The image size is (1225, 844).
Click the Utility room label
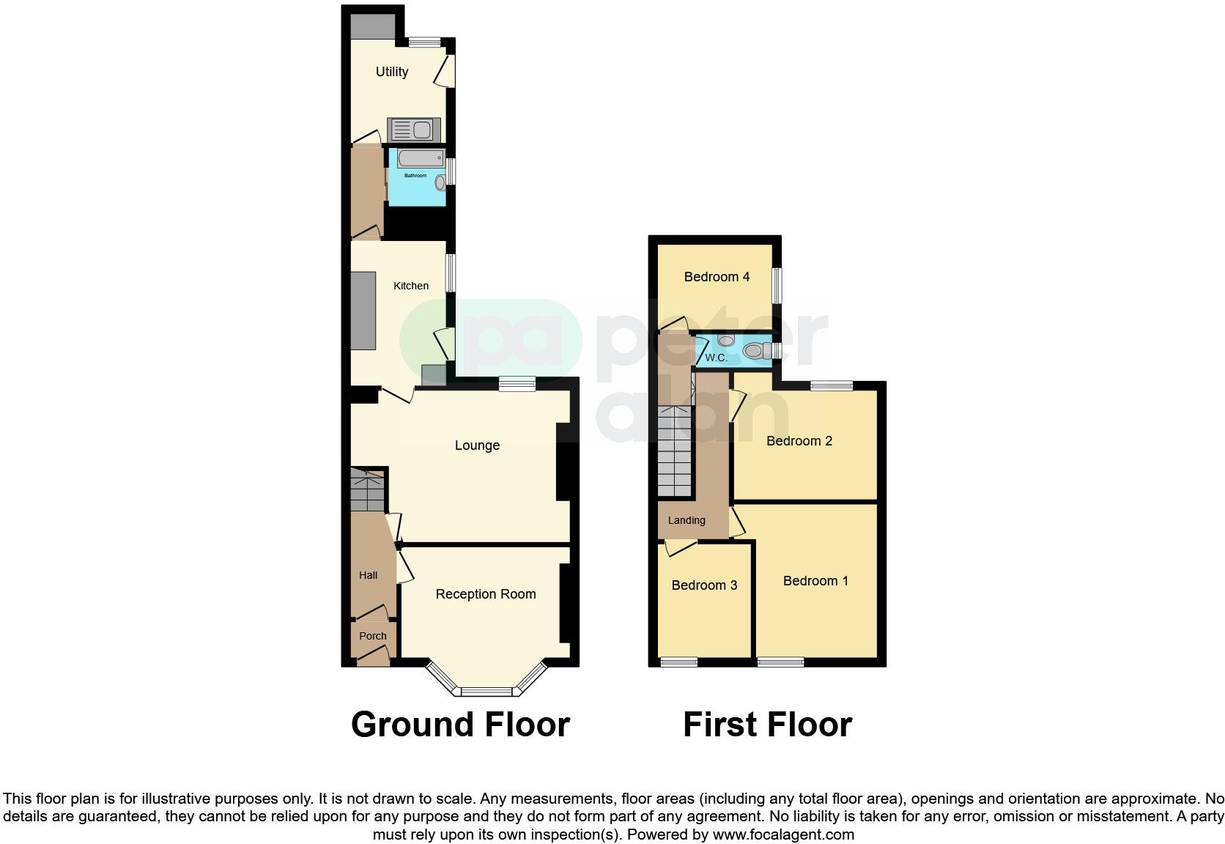coord(392,72)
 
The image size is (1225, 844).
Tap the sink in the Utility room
coord(413,130)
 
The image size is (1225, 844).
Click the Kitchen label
coord(411,286)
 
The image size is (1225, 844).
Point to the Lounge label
coord(477,445)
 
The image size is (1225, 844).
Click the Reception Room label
coord(486,594)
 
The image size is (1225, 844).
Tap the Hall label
coord(369,575)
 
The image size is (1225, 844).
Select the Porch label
coord(373,636)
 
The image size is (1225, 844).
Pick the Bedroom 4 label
coord(717,277)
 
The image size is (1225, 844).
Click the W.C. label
coord(716,358)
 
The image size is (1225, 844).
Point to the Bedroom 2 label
coord(799,441)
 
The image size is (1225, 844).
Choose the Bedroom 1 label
coord(815,581)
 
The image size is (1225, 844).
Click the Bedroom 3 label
coord(704,585)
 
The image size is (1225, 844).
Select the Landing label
coord(686,520)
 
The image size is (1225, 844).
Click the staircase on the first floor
coord(674,451)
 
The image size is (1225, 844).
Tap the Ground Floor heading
coord(460,725)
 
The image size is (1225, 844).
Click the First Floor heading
coord(767,725)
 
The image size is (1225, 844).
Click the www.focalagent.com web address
coord(783,834)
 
